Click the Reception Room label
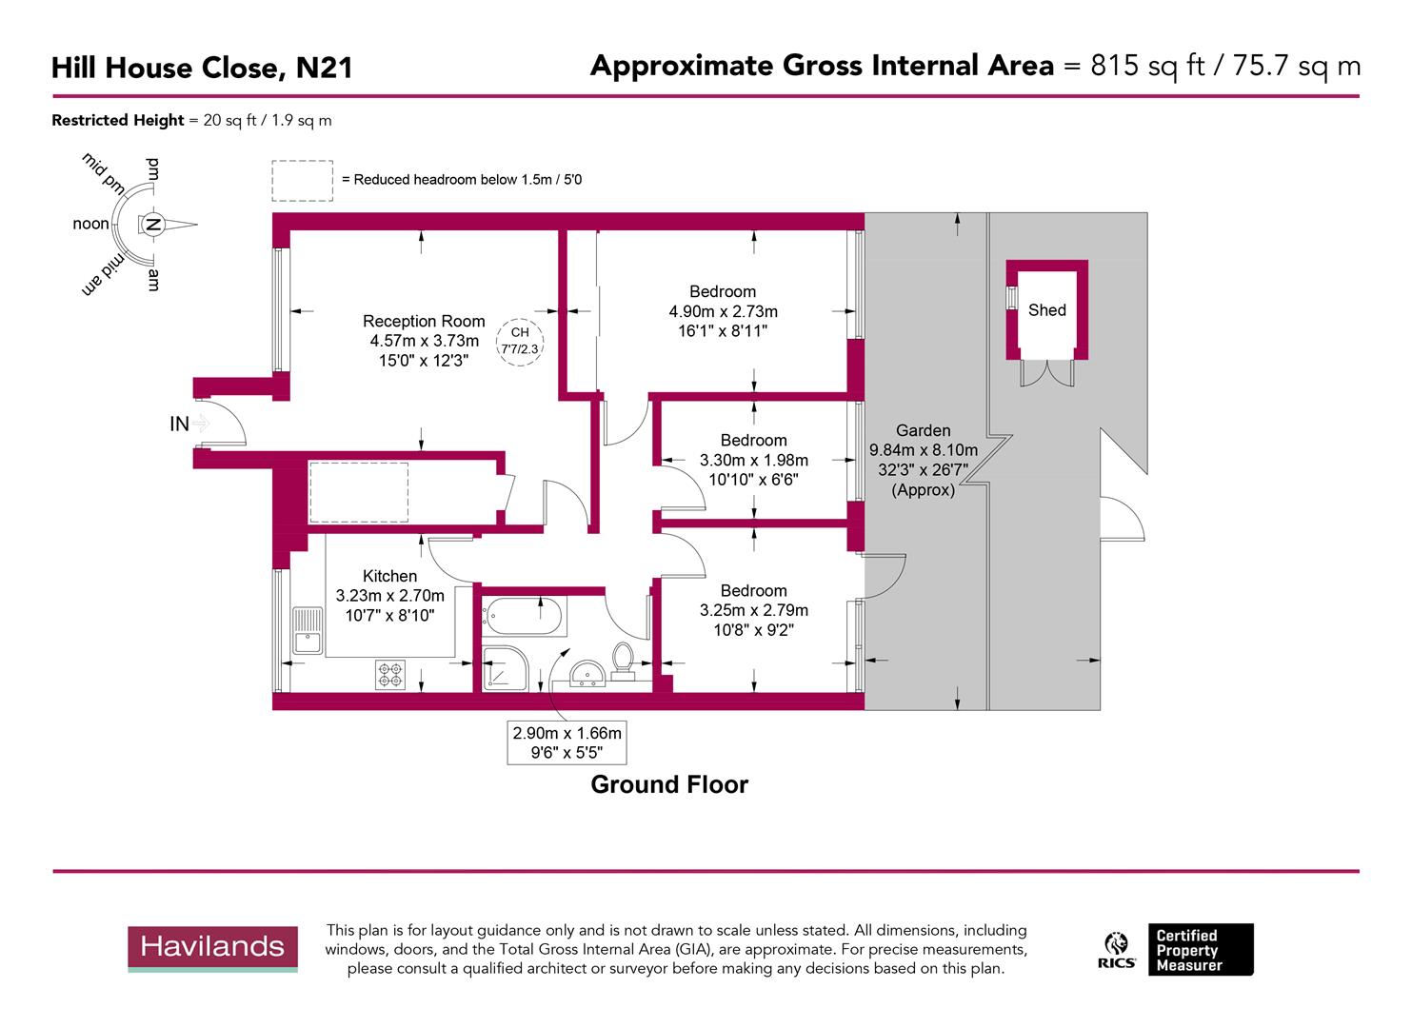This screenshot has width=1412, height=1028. [x=424, y=322]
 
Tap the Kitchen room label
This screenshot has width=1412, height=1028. [x=389, y=576]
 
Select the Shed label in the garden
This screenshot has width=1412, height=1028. [x=1046, y=310]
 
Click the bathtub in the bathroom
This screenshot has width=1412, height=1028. [x=524, y=617]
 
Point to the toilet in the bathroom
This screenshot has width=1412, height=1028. [x=625, y=660]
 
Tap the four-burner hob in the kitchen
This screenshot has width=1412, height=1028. [x=389, y=674]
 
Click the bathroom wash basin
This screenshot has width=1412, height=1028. [x=587, y=675]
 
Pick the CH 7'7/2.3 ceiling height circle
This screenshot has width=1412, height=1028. [x=520, y=341]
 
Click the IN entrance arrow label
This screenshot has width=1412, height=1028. [x=179, y=425]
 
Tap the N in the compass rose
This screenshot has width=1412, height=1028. [x=152, y=225]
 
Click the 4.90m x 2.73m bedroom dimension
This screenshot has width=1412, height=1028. [x=723, y=311]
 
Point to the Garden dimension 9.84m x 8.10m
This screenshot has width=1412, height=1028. [x=923, y=450]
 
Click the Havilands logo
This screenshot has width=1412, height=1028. [x=213, y=948]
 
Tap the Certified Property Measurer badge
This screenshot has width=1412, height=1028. [x=1200, y=949]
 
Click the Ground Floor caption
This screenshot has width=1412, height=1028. [x=669, y=784]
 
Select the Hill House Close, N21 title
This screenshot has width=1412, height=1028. [x=202, y=68]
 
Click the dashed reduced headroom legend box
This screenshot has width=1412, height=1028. [x=302, y=181]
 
